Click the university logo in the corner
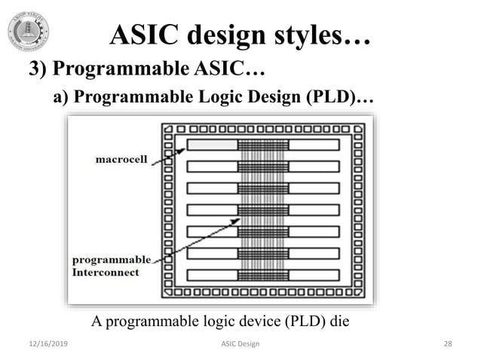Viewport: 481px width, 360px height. [x=28, y=32]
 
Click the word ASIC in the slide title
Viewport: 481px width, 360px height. [x=142, y=35]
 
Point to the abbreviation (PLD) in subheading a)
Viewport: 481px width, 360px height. [x=336, y=97]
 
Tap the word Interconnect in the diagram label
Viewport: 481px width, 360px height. [x=106, y=273]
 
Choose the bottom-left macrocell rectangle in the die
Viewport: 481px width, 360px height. [x=212, y=276]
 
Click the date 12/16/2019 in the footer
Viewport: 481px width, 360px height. [x=42, y=344]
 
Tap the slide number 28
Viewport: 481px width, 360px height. [x=448, y=344]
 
